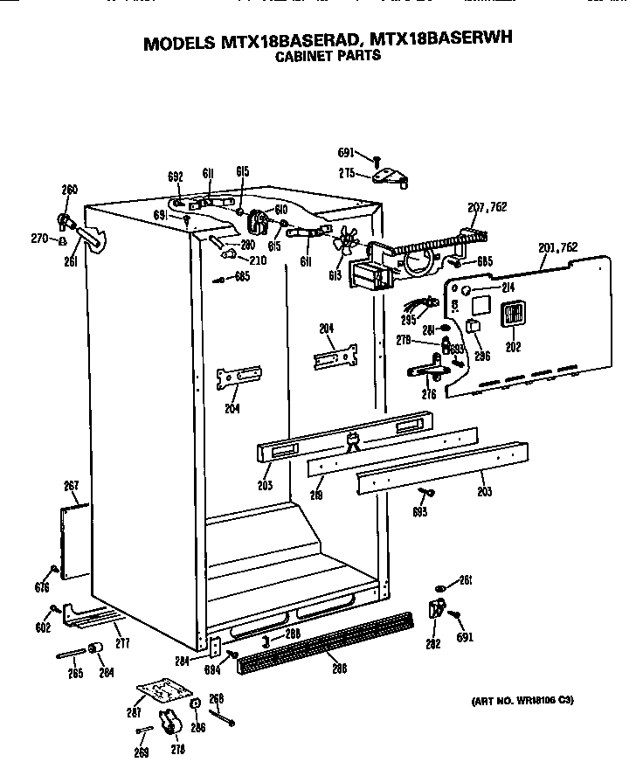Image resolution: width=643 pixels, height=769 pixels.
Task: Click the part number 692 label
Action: coord(176,177)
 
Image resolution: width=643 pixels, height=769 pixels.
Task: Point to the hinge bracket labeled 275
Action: coord(390,177)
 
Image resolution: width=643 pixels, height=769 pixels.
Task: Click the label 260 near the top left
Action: coord(69,190)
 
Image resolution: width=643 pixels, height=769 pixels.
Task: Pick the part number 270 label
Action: coord(38,238)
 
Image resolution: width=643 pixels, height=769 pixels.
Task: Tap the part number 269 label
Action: coord(142,752)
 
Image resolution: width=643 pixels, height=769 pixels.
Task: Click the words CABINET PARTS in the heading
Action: coord(328,55)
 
